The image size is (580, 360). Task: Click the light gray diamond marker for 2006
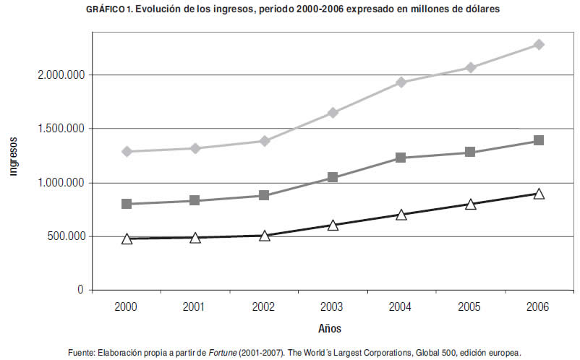pyautogui.click(x=539, y=45)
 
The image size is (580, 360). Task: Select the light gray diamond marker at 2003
pyautogui.click(x=333, y=113)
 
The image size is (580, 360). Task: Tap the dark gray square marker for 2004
pyautogui.click(x=401, y=158)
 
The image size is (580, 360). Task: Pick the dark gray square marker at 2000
pyautogui.click(x=127, y=204)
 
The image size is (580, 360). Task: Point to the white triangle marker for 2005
pyautogui.click(x=470, y=205)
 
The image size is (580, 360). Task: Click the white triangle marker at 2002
pyautogui.click(x=264, y=236)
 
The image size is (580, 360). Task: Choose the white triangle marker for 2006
pyautogui.click(x=539, y=194)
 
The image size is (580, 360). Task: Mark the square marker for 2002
pyautogui.click(x=264, y=195)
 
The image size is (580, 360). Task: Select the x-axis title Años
pyautogui.click(x=330, y=328)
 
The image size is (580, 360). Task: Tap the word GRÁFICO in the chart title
pyautogui.click(x=106, y=9)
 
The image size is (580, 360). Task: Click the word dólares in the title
pyautogui.click(x=479, y=9)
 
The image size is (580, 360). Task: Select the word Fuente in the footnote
pyautogui.click(x=79, y=352)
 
